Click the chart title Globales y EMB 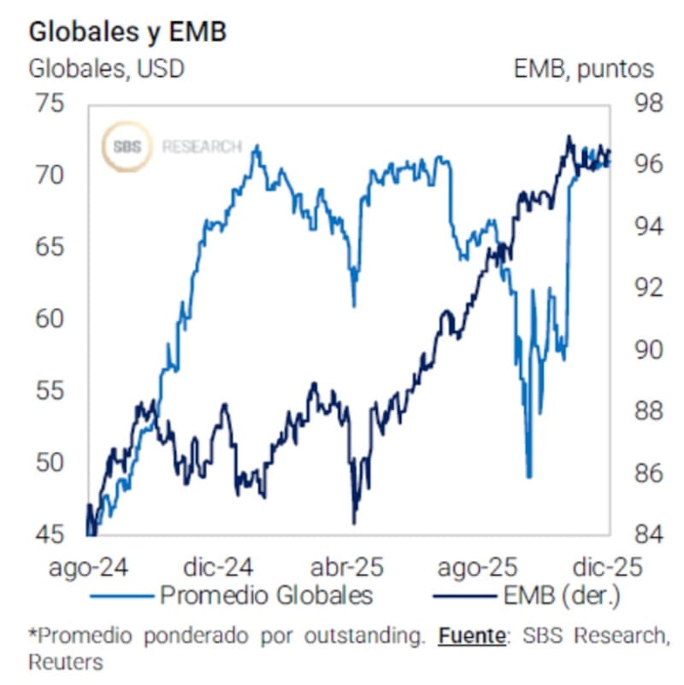[x=127, y=32]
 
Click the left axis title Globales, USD [x=107, y=68]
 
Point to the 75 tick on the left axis [x=49, y=104]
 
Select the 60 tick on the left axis [x=49, y=319]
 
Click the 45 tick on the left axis [x=49, y=535]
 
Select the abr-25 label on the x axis [x=346, y=566]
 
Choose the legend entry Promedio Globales [x=266, y=594]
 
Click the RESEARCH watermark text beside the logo [x=202, y=147]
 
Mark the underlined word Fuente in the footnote [x=468, y=635]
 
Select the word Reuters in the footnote [x=65, y=662]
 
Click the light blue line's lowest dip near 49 [x=529, y=477]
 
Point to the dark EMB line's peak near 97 [x=568, y=137]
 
